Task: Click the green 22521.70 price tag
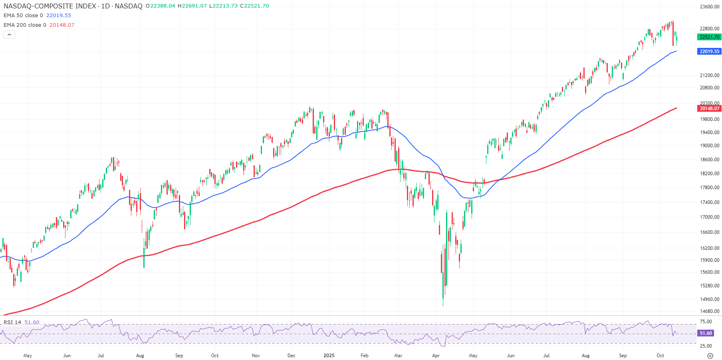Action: [x=709, y=37]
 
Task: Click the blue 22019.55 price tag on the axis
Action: [x=709, y=51]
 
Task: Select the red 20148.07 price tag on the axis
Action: [x=709, y=109]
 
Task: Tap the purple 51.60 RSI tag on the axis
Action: [x=706, y=333]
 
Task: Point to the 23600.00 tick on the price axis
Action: [x=710, y=7]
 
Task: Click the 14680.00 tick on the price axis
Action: [x=710, y=311]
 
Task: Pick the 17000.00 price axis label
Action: [x=710, y=217]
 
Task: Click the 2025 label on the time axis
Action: [x=329, y=356]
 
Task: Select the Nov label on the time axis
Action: [x=256, y=356]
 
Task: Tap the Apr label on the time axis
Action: [x=436, y=356]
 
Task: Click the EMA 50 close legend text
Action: [x=23, y=16]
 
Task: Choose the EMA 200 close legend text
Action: [x=25, y=25]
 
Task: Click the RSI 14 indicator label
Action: [x=12, y=322]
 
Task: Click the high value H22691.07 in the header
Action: [x=192, y=6]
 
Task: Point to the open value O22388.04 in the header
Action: [x=161, y=6]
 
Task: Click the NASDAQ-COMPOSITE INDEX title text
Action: [x=50, y=6]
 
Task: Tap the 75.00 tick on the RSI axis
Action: [x=706, y=322]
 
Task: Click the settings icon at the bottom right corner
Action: [x=710, y=356]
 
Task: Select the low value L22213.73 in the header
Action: [x=224, y=6]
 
